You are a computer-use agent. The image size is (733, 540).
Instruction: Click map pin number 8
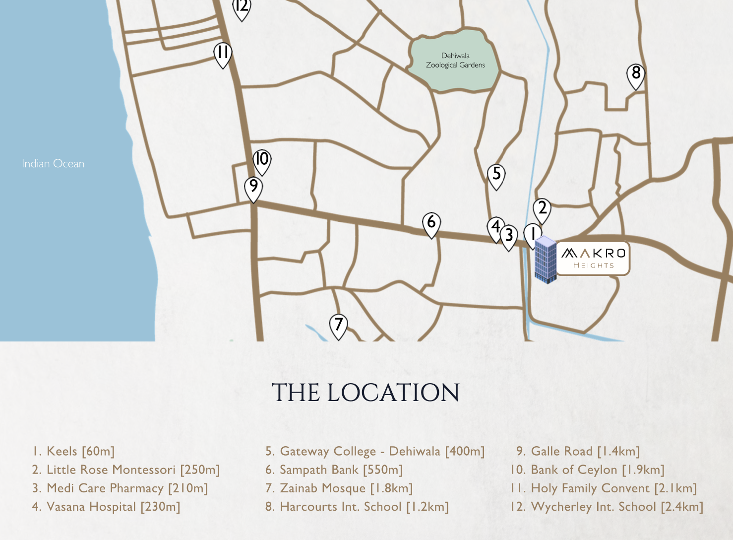click(636, 75)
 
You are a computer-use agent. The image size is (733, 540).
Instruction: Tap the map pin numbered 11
click(223, 54)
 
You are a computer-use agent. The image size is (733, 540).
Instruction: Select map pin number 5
click(496, 175)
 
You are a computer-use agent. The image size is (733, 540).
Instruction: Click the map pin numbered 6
click(431, 223)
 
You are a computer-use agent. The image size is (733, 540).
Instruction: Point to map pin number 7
click(338, 326)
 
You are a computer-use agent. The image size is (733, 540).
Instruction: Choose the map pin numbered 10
click(262, 161)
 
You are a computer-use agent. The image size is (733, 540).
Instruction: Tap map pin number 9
click(253, 188)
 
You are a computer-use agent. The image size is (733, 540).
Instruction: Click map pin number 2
click(542, 209)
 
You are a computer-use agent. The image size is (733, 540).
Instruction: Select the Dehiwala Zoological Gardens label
click(455, 61)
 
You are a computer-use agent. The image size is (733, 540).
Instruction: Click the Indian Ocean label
click(53, 164)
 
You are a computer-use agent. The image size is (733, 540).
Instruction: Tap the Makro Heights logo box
click(593, 258)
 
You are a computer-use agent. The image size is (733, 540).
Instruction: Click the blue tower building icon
click(546, 260)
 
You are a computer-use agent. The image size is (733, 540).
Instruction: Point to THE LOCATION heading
click(366, 393)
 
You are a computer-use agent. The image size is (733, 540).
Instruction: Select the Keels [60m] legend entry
click(73, 451)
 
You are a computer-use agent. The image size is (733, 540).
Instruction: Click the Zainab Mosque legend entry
click(339, 488)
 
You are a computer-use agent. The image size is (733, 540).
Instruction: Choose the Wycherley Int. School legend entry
click(607, 507)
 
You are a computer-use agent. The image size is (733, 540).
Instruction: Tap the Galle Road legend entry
click(578, 451)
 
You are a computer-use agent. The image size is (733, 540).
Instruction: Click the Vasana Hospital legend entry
click(106, 507)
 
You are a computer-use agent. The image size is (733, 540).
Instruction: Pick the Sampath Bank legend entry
click(334, 470)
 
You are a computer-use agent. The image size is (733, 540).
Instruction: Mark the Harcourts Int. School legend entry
click(357, 507)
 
